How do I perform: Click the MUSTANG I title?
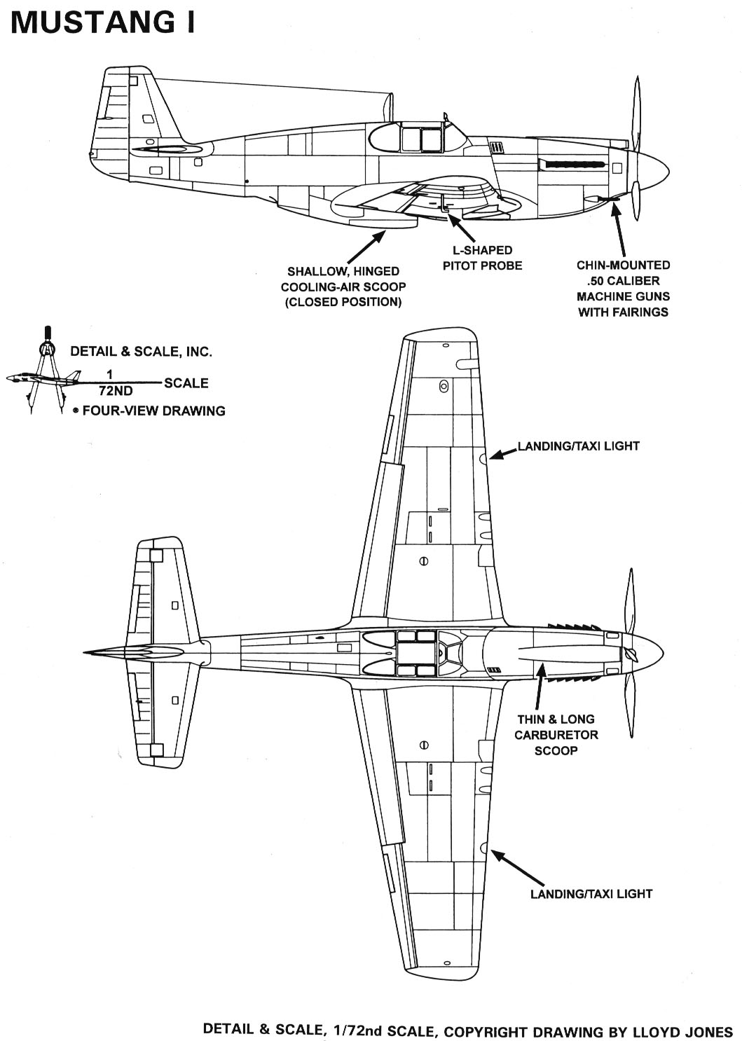click(x=102, y=23)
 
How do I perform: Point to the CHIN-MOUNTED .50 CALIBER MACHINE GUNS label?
click(x=623, y=288)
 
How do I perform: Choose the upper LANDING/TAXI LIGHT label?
click(x=578, y=446)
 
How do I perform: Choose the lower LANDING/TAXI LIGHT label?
click(x=591, y=893)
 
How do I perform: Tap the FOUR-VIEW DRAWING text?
click(x=153, y=411)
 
